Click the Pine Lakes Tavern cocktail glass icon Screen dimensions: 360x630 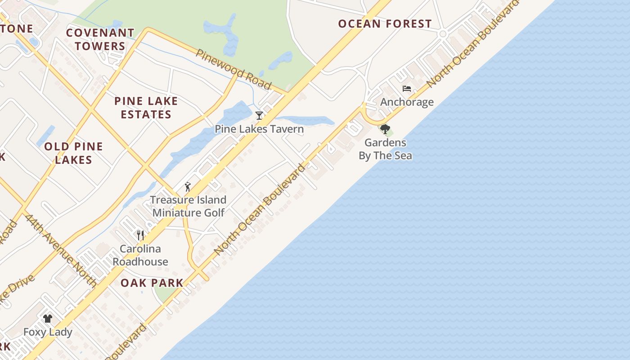point(259,116)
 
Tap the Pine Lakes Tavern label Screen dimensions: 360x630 point(259,129)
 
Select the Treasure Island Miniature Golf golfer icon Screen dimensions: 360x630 point(188,187)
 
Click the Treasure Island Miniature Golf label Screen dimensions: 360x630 point(188,206)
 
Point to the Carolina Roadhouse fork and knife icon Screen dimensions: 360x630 point(140,235)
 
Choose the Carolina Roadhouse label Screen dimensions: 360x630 point(140,255)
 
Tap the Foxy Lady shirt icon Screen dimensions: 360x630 point(48,319)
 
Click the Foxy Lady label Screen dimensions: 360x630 point(48,333)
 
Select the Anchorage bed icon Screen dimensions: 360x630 point(407,89)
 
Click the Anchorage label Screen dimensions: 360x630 point(407,102)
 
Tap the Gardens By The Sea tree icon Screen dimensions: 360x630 point(385,130)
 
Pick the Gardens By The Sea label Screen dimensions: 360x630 point(385,149)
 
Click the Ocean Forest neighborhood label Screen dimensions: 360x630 point(385,24)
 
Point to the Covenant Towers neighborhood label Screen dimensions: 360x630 point(100,40)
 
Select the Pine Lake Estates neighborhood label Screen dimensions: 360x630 point(146,108)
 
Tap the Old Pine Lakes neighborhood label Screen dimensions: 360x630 point(74,153)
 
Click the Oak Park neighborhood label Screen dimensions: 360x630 point(152,283)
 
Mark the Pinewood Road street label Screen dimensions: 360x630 point(234,69)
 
